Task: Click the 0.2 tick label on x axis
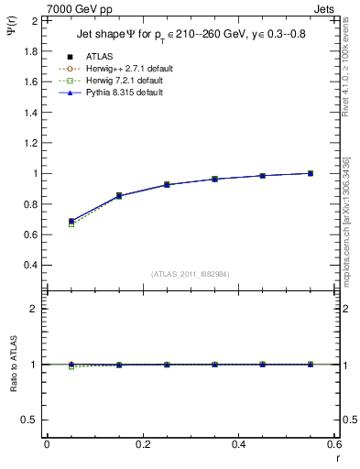[x=142, y=443]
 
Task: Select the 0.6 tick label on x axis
[x=334, y=443]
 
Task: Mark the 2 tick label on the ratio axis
[x=32, y=309]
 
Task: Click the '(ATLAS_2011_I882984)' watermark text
[x=190, y=274]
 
